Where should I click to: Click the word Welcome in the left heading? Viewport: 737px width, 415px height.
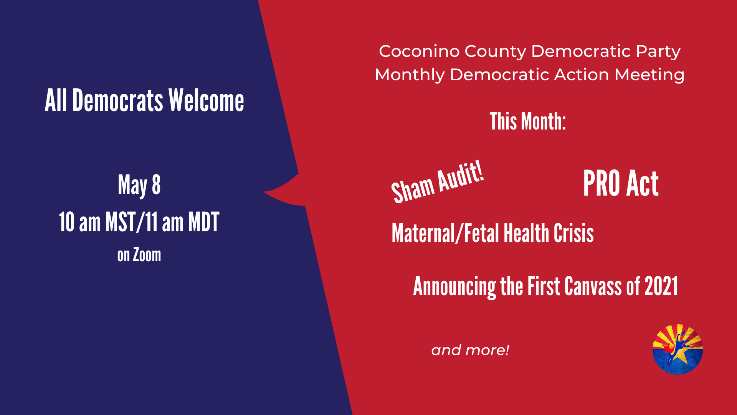pos(206,100)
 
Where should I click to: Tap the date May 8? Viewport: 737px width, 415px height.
pos(139,186)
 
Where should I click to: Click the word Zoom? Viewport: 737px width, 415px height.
pos(147,255)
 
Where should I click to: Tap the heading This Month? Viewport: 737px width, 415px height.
pos(528,121)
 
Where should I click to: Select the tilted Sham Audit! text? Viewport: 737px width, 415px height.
pos(437,182)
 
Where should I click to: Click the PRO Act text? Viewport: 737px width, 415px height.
pos(621,184)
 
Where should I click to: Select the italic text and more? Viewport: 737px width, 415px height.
pos(470,350)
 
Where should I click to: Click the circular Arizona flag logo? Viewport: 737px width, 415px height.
pos(678,349)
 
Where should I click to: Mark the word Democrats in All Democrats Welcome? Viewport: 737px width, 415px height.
pos(118,100)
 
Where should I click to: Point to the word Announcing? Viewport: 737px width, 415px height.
pos(454,287)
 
